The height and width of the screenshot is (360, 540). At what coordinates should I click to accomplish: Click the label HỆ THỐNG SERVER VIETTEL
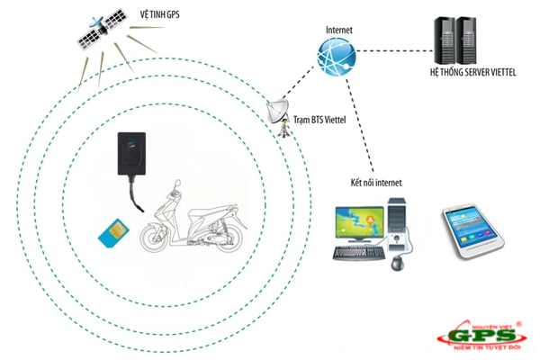[472, 73]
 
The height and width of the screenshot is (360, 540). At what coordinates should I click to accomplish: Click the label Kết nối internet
[376, 183]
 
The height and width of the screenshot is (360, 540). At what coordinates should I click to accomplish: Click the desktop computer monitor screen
[358, 219]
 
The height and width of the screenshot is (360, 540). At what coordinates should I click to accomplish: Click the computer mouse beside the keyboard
[396, 262]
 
